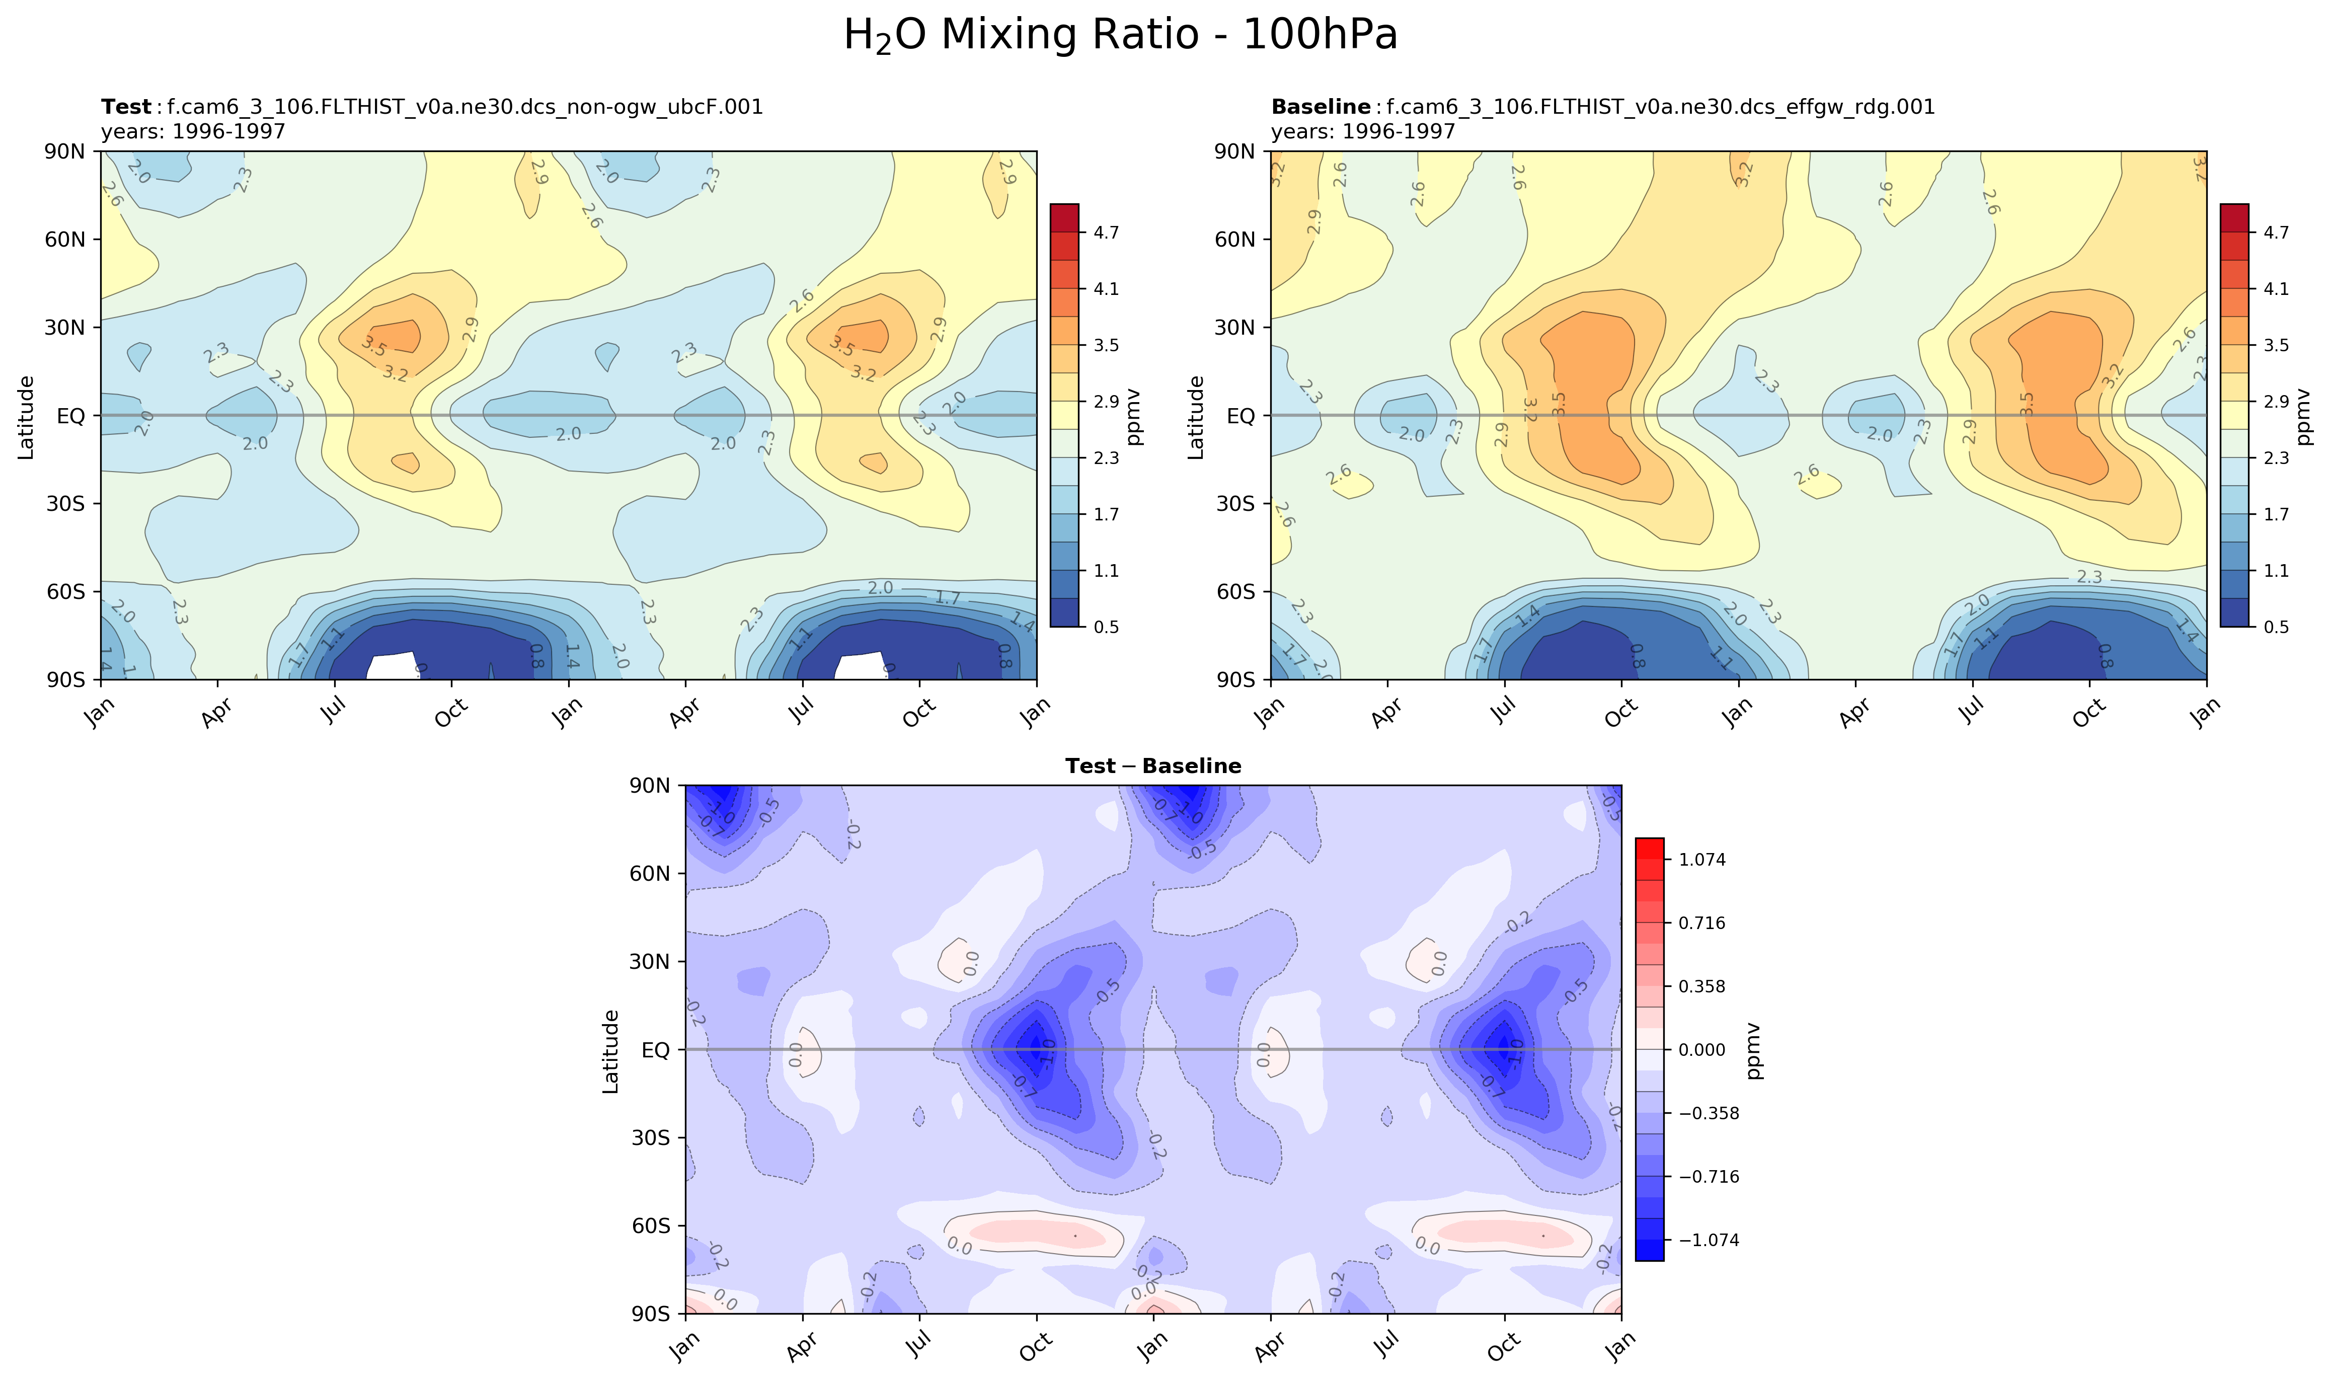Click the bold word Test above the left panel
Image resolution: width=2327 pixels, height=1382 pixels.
[126, 107]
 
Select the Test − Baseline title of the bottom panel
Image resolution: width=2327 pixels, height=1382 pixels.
[1153, 766]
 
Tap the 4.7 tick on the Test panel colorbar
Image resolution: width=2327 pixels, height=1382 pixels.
[1106, 233]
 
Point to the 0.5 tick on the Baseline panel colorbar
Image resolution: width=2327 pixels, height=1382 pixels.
[2276, 627]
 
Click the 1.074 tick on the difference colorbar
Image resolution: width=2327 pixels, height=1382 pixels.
[1702, 860]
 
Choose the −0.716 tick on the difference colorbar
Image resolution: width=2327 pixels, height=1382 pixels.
[1708, 1177]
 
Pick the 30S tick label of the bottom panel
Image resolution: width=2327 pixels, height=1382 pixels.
[650, 1138]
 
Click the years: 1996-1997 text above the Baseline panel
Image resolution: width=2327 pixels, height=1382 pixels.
[1363, 131]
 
